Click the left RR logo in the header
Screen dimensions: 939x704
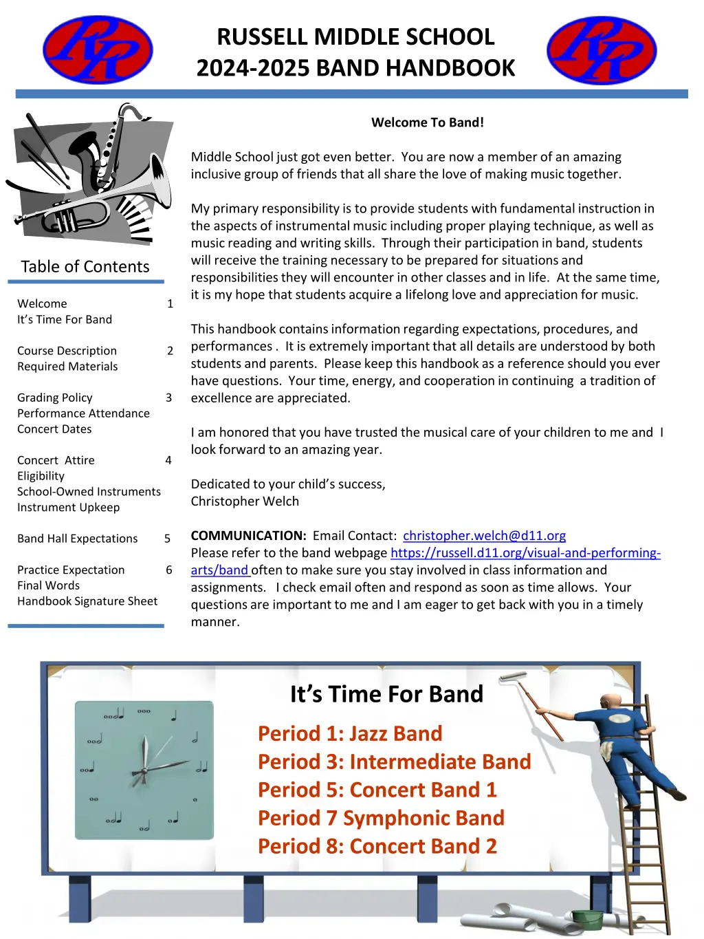(x=98, y=50)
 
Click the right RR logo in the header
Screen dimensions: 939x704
(x=602, y=50)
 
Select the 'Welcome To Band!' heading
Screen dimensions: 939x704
(x=427, y=122)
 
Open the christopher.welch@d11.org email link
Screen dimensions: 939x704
(x=484, y=535)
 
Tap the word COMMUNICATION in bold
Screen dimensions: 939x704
(x=248, y=535)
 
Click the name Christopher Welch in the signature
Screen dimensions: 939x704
(x=245, y=501)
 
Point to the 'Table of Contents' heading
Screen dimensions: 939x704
(x=85, y=266)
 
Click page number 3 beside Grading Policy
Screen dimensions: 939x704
(x=168, y=398)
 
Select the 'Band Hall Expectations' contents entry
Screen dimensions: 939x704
(x=78, y=539)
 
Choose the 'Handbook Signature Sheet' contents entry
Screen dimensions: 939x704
(x=87, y=601)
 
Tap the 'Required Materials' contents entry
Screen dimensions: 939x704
(x=67, y=367)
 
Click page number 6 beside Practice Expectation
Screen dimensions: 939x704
(x=169, y=570)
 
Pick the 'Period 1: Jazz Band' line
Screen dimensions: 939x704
(x=350, y=733)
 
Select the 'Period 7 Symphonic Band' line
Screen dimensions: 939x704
(x=381, y=818)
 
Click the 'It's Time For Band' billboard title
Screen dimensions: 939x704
(x=386, y=694)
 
